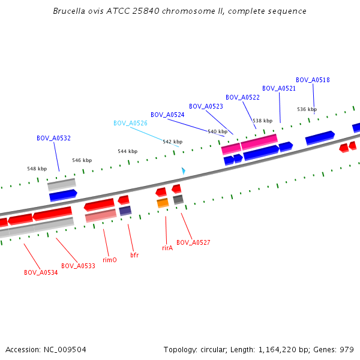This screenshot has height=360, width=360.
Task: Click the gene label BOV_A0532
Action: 53,138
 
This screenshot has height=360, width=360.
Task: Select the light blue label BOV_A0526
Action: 130,123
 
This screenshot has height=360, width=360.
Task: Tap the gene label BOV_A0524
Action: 167,115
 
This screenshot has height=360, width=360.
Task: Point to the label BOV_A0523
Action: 206,106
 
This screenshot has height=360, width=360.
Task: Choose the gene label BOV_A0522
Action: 242,97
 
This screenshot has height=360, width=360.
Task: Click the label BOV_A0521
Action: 279,88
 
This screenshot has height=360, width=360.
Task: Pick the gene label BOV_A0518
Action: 313,80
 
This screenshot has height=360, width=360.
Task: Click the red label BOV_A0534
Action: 41,272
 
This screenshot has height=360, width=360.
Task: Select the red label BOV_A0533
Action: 78,266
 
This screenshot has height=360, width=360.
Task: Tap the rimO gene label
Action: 110,260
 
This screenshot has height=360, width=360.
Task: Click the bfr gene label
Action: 134,255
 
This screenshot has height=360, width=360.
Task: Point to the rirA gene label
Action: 167,247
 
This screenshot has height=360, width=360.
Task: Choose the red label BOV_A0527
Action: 193,242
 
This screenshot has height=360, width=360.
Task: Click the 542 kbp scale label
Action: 172,142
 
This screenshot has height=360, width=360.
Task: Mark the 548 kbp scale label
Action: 37,169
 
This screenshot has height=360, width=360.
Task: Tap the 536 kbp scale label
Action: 307,109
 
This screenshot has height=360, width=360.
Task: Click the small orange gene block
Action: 163,203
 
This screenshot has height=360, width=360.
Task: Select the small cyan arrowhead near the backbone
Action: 183,171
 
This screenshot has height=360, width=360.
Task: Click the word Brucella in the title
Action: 69,11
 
